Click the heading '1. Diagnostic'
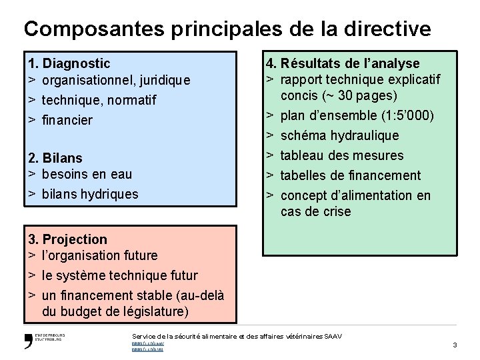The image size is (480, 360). [69, 64]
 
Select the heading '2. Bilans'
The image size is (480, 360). [55, 158]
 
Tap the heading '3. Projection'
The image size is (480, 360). [67, 239]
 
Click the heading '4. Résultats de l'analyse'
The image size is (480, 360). [343, 64]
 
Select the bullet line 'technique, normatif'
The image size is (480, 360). [99, 101]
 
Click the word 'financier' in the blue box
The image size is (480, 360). [67, 121]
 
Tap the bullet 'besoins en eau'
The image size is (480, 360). [87, 175]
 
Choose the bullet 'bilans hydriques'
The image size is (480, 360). [90, 195]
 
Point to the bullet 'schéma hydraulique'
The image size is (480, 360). [339, 136]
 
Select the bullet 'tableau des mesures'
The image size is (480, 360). [342, 156]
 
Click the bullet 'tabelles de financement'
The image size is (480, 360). [351, 176]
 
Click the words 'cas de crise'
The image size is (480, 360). [315, 212]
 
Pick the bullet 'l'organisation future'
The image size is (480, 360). [99, 255]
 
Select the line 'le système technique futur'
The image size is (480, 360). [119, 275]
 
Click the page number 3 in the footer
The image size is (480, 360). [454, 345]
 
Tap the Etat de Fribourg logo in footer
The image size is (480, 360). [44, 339]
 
